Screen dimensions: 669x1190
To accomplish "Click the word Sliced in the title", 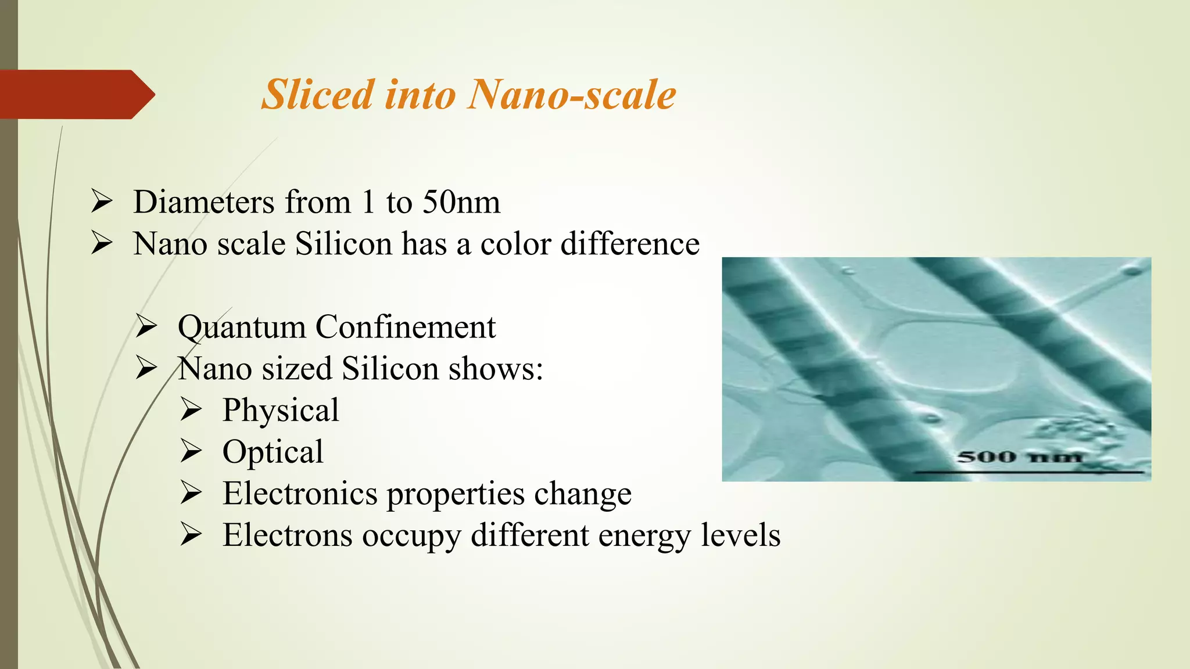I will coord(317,95).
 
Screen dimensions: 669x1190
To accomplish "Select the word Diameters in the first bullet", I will coord(204,203).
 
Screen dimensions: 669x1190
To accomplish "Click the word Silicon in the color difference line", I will coord(343,244).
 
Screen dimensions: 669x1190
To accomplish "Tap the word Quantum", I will coord(241,328).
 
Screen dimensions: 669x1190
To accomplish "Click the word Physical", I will coord(281,411).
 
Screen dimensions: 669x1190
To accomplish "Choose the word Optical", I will coord(273,452).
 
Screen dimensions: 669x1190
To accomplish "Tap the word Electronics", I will coord(300,494).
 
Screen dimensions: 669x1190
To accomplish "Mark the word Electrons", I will coord(288,535).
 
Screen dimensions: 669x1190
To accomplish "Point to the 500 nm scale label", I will coord(1020,457).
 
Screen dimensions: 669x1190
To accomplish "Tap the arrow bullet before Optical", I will coord(191,451).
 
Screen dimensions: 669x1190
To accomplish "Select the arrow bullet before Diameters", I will coord(102,202).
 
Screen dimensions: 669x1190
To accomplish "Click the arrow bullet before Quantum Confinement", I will coord(146,327).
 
